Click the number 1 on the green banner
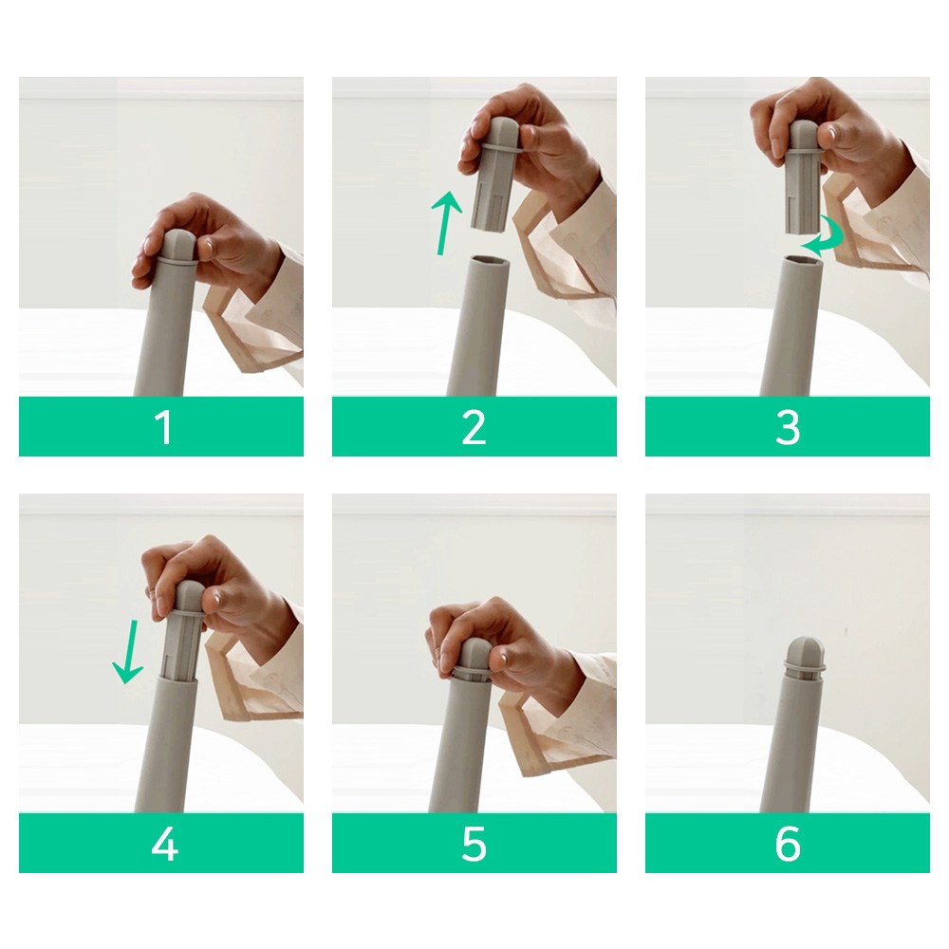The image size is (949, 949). [163, 427]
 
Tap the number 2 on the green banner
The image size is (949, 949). [474, 427]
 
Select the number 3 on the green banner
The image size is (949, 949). [788, 427]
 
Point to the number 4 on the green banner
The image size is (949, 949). [164, 844]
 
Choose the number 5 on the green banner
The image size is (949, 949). [474, 844]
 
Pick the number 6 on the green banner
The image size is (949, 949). [788, 844]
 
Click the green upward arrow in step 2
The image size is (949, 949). [446, 223]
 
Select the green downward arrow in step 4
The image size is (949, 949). [128, 651]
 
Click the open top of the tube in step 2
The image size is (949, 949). [487, 259]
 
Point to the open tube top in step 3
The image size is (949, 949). [804, 260]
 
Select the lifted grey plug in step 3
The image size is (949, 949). [804, 177]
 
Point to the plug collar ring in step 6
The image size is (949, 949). [805, 667]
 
